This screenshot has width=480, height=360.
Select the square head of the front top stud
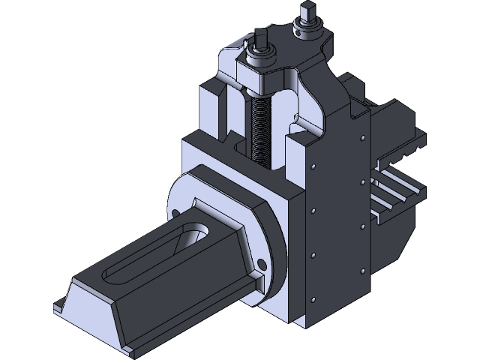(x=261, y=37)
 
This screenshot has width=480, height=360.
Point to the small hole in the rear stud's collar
(x=298, y=32)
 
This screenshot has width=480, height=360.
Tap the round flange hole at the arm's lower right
(x=262, y=263)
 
